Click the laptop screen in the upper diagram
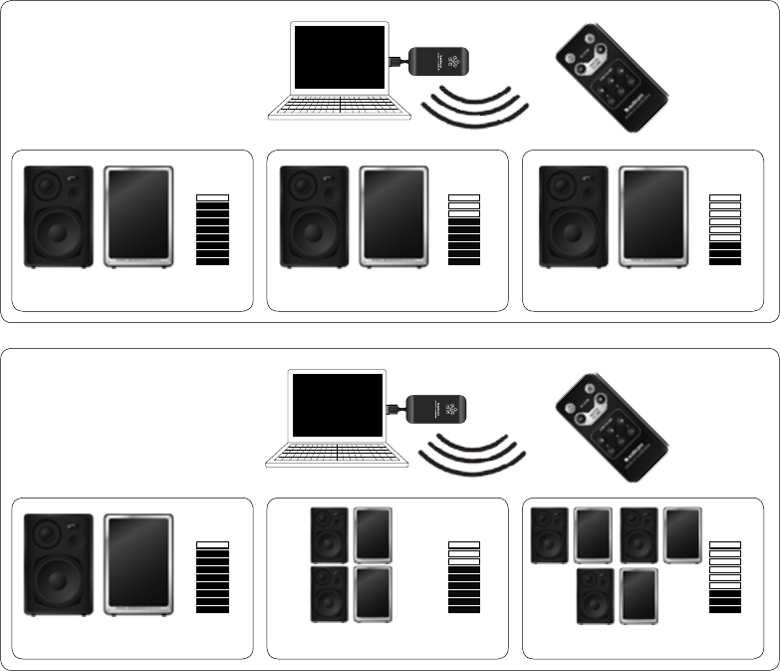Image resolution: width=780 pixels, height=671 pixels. pos(340,58)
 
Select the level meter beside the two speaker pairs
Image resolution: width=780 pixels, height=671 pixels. pos(464,577)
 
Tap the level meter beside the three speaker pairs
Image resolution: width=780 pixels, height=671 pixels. pos(724,577)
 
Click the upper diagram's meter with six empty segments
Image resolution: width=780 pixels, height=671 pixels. pos(724,230)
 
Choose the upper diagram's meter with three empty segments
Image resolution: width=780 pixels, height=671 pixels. pos(464,230)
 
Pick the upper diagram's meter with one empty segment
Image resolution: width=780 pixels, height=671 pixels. pos(213,230)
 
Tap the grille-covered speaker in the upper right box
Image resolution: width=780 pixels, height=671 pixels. pos(652,217)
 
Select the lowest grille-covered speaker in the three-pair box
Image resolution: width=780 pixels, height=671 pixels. pos(639,596)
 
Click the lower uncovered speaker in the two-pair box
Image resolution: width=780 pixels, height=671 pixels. pos(329,594)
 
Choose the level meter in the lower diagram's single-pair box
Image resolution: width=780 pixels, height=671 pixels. pos(213,577)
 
